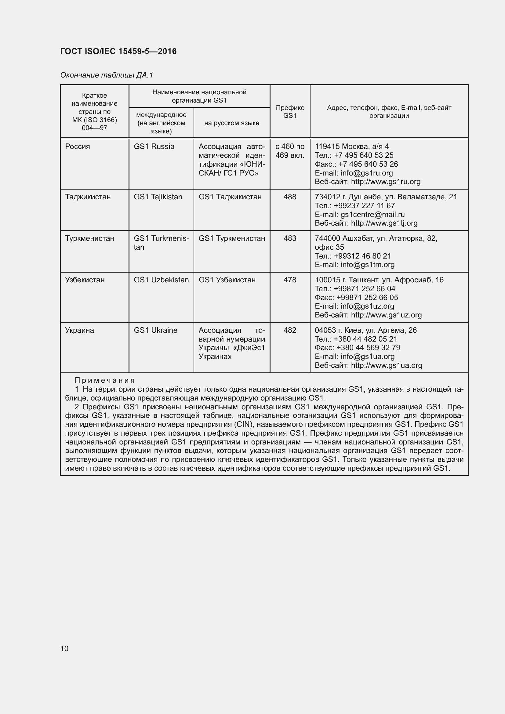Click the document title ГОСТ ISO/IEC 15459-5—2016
[x=118, y=51]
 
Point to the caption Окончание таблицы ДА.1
[x=107, y=75]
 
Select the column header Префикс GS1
[x=290, y=112]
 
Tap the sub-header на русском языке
[x=232, y=123]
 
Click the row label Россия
[x=78, y=147]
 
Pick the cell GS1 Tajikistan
[x=158, y=197]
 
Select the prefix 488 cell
[x=290, y=197]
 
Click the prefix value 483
[x=290, y=238]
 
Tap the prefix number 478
[x=290, y=280]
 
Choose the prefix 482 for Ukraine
[x=290, y=330]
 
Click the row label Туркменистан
[x=89, y=238]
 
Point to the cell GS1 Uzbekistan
[x=161, y=280]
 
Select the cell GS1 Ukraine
[x=155, y=330]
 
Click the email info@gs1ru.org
[x=367, y=173]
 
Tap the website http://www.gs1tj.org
[x=384, y=223]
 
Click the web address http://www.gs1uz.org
[x=386, y=315]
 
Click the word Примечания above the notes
[x=105, y=380]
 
